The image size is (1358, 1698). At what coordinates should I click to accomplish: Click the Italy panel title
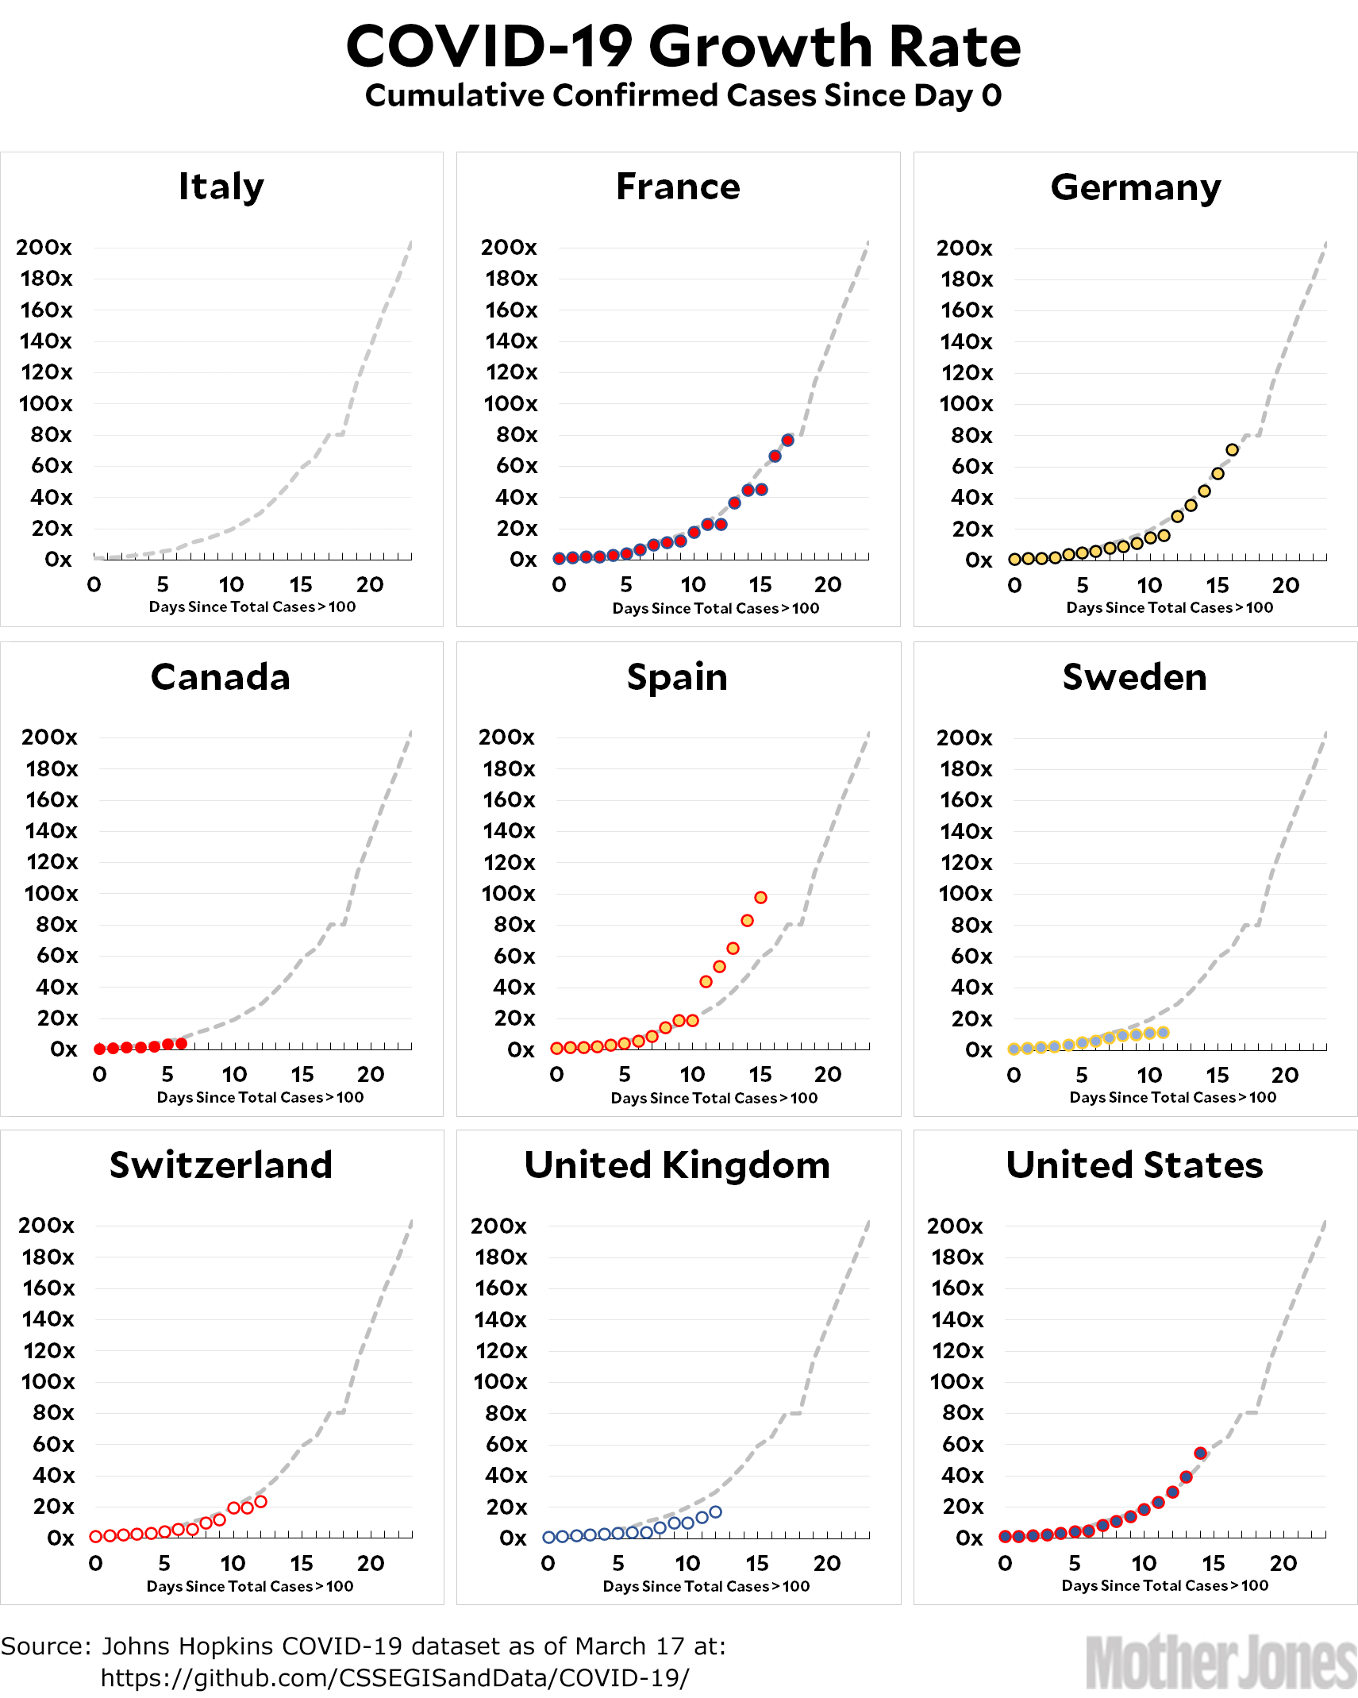click(x=221, y=187)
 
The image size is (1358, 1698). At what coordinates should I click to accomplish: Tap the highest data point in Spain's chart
click(x=760, y=897)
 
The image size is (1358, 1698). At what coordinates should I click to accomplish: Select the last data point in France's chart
click(x=788, y=440)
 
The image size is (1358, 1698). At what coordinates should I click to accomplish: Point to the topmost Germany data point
click(x=1232, y=450)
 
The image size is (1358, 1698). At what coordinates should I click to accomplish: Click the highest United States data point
click(x=1200, y=1454)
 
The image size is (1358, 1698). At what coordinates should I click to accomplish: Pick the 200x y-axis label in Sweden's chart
click(x=964, y=737)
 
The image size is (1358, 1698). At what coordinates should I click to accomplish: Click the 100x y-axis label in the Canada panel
click(x=52, y=893)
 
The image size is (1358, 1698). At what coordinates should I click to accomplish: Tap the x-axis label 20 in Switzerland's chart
click(x=371, y=1563)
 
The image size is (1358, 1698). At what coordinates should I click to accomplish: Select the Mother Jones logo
click(x=1220, y=1663)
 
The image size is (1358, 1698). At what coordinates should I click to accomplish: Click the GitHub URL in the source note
click(x=394, y=1677)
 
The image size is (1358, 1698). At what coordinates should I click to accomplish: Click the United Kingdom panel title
click(x=677, y=1165)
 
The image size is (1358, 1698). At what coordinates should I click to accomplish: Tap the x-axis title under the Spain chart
click(x=714, y=1098)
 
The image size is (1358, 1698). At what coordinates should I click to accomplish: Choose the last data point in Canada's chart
click(x=182, y=1043)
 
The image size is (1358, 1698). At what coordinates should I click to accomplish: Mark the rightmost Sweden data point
click(x=1163, y=1033)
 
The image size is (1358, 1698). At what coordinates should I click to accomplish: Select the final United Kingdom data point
click(x=715, y=1512)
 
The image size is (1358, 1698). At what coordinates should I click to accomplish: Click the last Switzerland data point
click(x=260, y=1502)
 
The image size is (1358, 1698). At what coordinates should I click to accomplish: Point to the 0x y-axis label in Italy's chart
click(x=58, y=560)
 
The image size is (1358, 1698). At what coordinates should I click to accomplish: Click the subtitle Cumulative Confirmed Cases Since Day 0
click(x=683, y=95)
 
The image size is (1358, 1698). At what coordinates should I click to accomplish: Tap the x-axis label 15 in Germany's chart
click(x=1217, y=586)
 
